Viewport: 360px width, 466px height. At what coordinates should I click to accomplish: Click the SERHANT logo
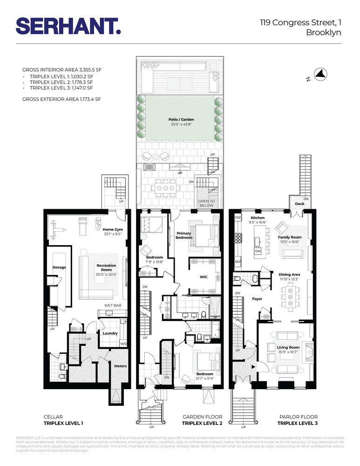point(68,26)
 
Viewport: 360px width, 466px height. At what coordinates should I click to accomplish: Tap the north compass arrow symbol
point(321,73)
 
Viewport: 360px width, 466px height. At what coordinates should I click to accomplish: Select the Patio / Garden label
point(181,120)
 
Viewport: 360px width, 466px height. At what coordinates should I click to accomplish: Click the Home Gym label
point(112,229)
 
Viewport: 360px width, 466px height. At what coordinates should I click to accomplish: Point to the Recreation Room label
point(106,267)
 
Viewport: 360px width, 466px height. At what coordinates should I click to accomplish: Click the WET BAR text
point(112,306)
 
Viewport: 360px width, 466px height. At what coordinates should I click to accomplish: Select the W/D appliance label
point(123,343)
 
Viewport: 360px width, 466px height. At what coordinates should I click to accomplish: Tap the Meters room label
point(120,366)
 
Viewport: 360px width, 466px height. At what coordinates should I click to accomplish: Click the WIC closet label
point(204,277)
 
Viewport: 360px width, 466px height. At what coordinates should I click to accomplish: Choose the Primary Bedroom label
point(184,235)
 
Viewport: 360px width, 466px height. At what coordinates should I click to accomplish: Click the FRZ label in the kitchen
point(238,218)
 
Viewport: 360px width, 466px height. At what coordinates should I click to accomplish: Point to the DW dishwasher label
point(258,251)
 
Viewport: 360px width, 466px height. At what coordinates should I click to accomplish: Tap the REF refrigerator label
point(238,262)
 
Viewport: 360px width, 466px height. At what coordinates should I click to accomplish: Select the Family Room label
point(290,237)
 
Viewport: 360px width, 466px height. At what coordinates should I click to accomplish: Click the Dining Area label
point(289,275)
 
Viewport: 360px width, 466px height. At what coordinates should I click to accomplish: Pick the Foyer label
point(258,299)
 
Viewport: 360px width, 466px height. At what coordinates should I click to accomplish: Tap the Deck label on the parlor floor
point(299,204)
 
